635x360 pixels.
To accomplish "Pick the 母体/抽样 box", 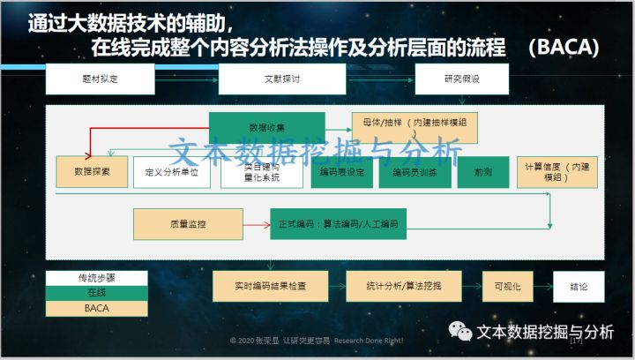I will click(x=414, y=127).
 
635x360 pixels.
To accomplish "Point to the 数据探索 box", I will click(x=92, y=171).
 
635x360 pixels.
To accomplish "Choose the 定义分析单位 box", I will click(x=171, y=171).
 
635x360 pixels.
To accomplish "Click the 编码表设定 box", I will click(x=341, y=171).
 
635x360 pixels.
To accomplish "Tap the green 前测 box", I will click(x=482, y=171).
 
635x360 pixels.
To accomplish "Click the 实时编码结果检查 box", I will click(x=271, y=287).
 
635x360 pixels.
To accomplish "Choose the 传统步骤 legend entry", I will click(x=97, y=277).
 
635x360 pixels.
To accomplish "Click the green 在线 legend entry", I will click(x=97, y=293).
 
